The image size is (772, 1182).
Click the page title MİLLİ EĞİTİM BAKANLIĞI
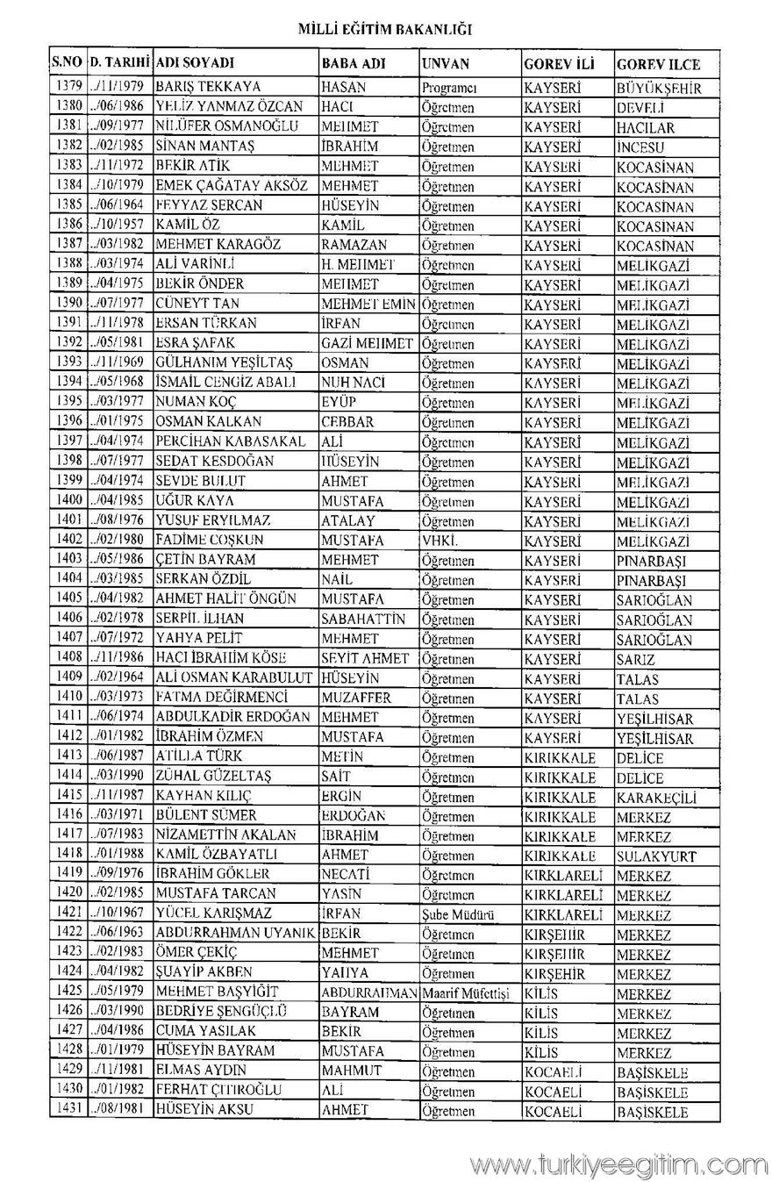[385, 29]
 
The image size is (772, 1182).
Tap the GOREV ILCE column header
[658, 64]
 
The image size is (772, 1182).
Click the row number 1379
[68, 87]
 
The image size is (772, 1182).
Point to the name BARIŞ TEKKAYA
[208, 87]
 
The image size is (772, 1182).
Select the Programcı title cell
[448, 88]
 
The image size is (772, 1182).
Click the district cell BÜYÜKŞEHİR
[659, 88]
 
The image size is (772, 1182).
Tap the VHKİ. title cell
[442, 540]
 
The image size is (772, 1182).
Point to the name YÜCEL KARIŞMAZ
[214, 913]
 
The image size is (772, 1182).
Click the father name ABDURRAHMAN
[368, 992]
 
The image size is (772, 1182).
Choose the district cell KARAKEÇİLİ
[656, 797]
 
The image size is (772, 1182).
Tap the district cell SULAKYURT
[656, 856]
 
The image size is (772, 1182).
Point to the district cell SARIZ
[636, 659]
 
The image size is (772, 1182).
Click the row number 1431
[68, 1110]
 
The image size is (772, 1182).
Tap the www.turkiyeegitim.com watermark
[618, 1164]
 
